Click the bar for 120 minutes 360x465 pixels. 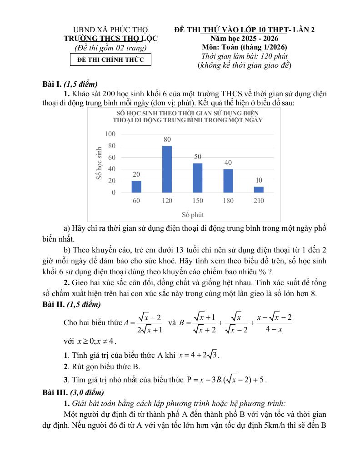(167, 169)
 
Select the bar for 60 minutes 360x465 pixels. (136, 187)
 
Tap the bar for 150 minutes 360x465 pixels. (197, 178)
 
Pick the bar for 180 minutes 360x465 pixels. (228, 181)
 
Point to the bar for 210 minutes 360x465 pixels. (259, 189)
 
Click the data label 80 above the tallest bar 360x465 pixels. (167, 140)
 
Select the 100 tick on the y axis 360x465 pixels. (110, 134)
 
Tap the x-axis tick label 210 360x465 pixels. (259, 201)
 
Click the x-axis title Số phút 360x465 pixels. (193, 214)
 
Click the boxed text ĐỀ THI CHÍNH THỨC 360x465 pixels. (110, 59)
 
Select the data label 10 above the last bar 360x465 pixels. (259, 180)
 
